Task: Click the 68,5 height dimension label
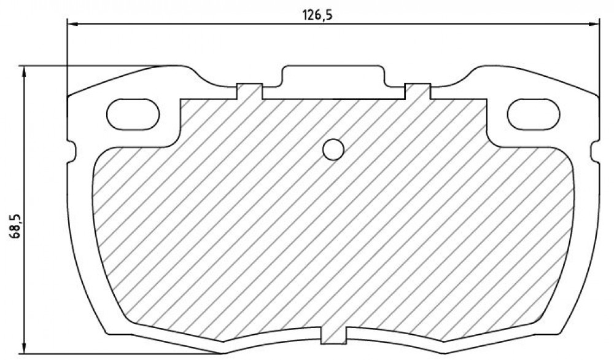17,227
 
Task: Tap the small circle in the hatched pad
333,150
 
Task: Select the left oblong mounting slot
133,114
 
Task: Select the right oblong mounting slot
534,114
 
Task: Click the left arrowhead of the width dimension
73,25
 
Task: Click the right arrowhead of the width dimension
594,25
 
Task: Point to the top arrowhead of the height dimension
25,72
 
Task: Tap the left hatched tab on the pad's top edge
249,92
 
